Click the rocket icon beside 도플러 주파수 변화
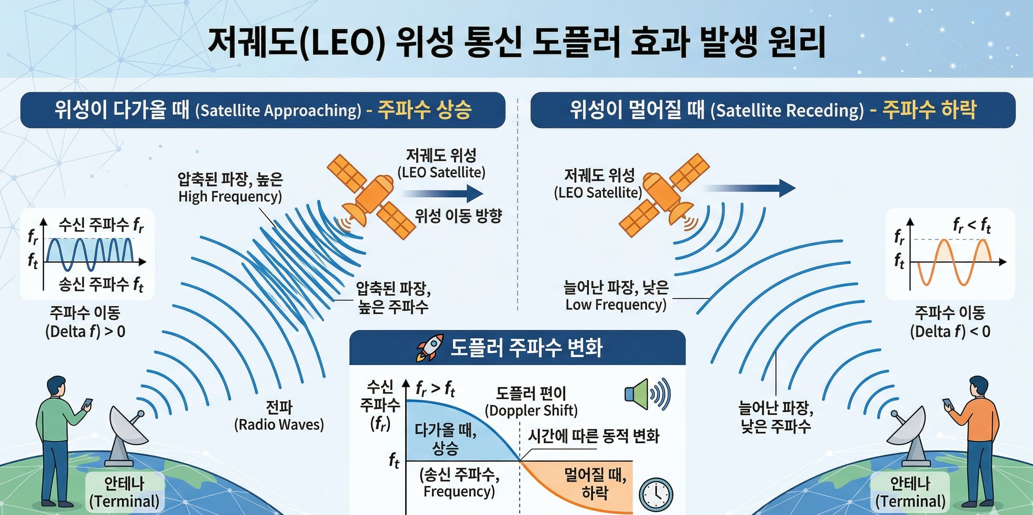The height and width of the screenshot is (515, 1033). click(430, 347)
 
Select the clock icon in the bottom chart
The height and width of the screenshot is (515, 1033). click(656, 494)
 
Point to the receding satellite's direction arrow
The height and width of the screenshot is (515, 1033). click(750, 188)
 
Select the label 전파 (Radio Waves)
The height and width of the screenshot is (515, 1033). click(279, 416)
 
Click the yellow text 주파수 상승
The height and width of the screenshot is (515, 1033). click(425, 110)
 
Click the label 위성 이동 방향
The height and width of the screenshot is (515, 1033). click(458, 216)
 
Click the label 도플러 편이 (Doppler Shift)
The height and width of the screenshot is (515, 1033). click(531, 402)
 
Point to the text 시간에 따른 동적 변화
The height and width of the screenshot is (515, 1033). click(593, 436)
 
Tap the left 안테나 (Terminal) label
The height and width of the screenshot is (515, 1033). click(124, 493)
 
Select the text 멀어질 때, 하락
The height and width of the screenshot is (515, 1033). click(596, 484)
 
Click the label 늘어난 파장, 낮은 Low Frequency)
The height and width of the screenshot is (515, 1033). click(616, 296)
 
